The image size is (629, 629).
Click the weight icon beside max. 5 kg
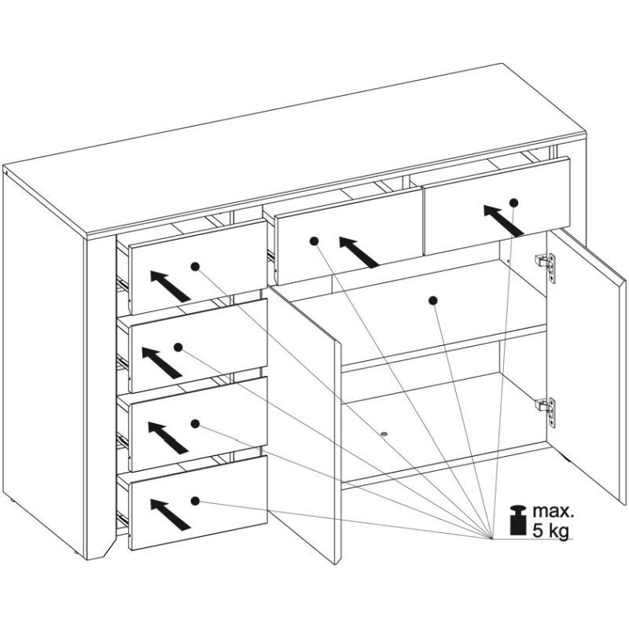point(518,520)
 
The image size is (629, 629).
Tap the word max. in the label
point(554,512)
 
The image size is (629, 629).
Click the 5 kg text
point(551,532)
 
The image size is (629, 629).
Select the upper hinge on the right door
point(546,267)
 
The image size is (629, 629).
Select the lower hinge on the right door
point(546,412)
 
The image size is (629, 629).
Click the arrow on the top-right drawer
point(503,220)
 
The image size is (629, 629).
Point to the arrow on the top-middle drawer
point(359,252)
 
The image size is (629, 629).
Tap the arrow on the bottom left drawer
point(170,514)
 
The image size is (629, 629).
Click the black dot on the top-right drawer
point(514,203)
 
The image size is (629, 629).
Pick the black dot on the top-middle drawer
point(314,241)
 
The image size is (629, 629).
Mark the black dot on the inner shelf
point(433,300)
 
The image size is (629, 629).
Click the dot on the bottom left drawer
point(195,501)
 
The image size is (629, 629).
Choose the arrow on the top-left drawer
point(170,286)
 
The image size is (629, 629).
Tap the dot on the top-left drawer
point(195,267)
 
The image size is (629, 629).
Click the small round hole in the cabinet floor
point(384,435)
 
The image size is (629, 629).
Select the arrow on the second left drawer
point(162,362)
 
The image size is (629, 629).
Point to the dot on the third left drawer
point(195,424)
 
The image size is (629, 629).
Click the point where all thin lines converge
point(492,539)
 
